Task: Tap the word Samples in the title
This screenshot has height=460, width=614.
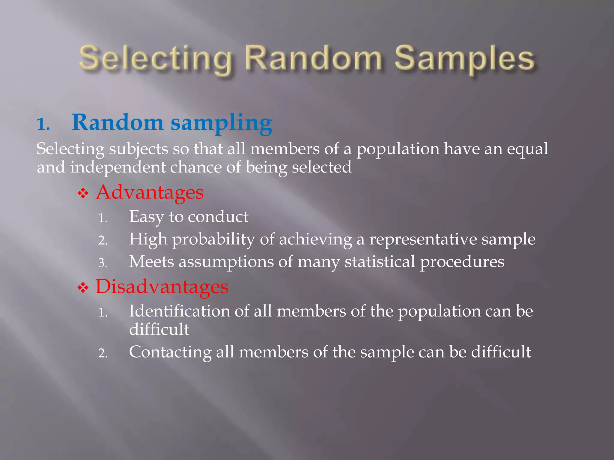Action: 464,59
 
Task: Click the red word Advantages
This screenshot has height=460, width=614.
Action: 150,192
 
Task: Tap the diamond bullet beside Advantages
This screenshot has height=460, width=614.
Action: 83,193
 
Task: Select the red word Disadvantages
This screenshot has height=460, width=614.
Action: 162,287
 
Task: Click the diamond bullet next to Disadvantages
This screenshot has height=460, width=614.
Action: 83,288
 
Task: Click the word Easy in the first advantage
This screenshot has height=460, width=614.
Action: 146,217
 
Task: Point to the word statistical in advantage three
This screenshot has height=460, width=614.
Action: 380,262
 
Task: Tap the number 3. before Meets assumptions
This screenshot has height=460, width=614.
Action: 103,263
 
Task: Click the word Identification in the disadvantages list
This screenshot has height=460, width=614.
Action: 179,311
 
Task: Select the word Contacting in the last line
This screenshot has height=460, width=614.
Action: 170,352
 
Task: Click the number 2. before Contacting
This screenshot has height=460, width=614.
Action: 103,353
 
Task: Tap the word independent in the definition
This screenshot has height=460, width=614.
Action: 118,167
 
